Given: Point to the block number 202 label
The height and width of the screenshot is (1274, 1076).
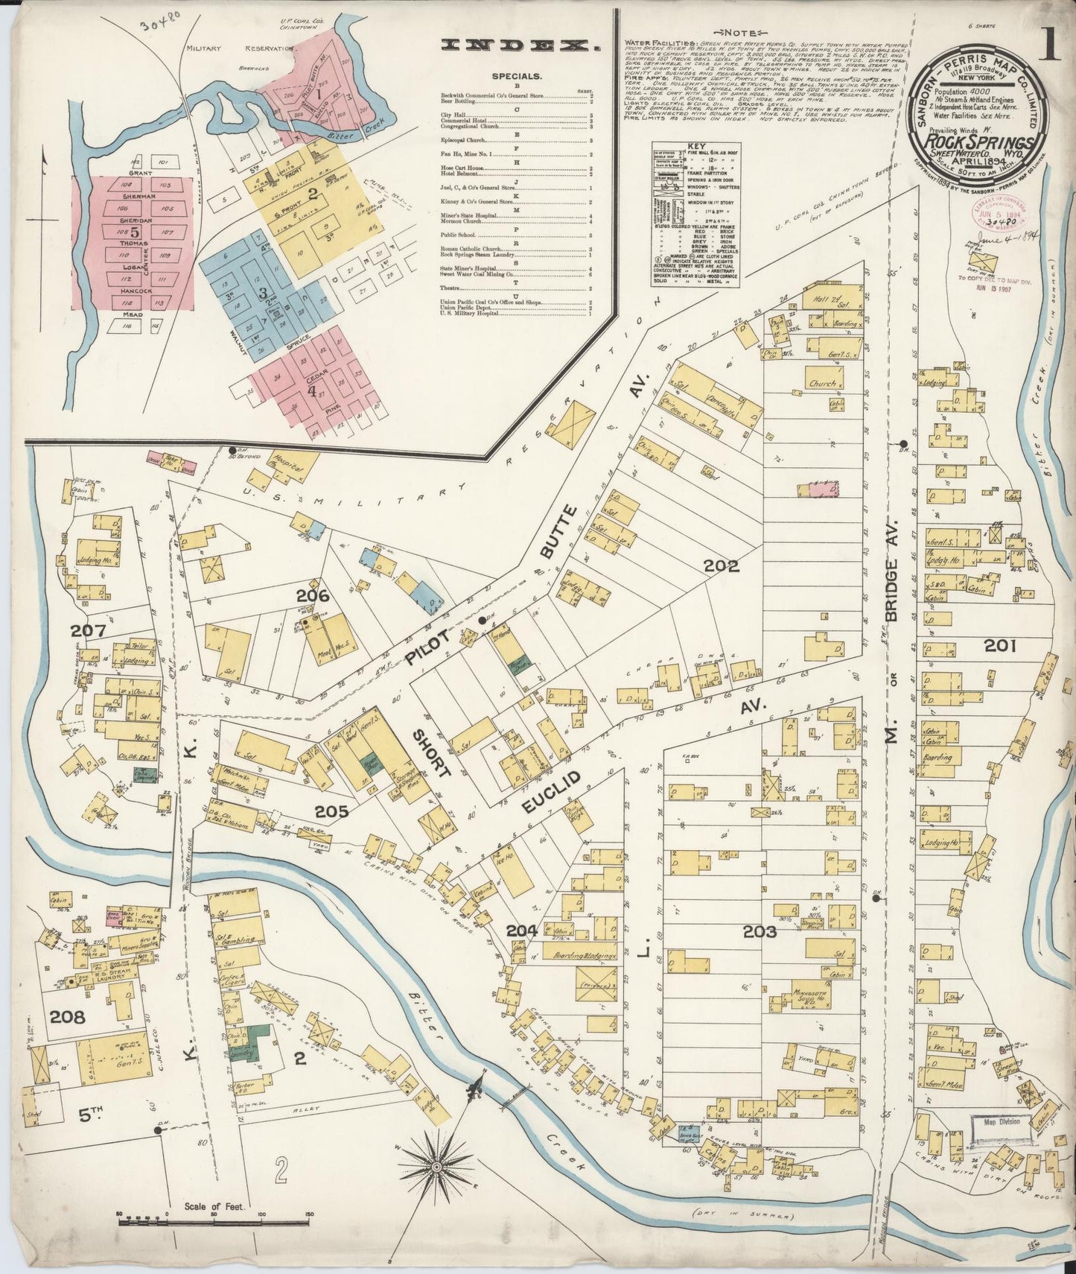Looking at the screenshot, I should (722, 566).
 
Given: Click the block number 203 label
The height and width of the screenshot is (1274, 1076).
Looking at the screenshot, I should (760, 931).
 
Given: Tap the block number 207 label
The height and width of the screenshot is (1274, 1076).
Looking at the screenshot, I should (89, 631).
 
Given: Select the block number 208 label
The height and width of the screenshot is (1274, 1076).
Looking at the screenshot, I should (69, 1015).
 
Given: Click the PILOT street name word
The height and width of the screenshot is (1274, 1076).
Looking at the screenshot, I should (428, 650).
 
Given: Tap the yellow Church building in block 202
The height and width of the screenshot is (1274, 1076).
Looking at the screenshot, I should (823, 384).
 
